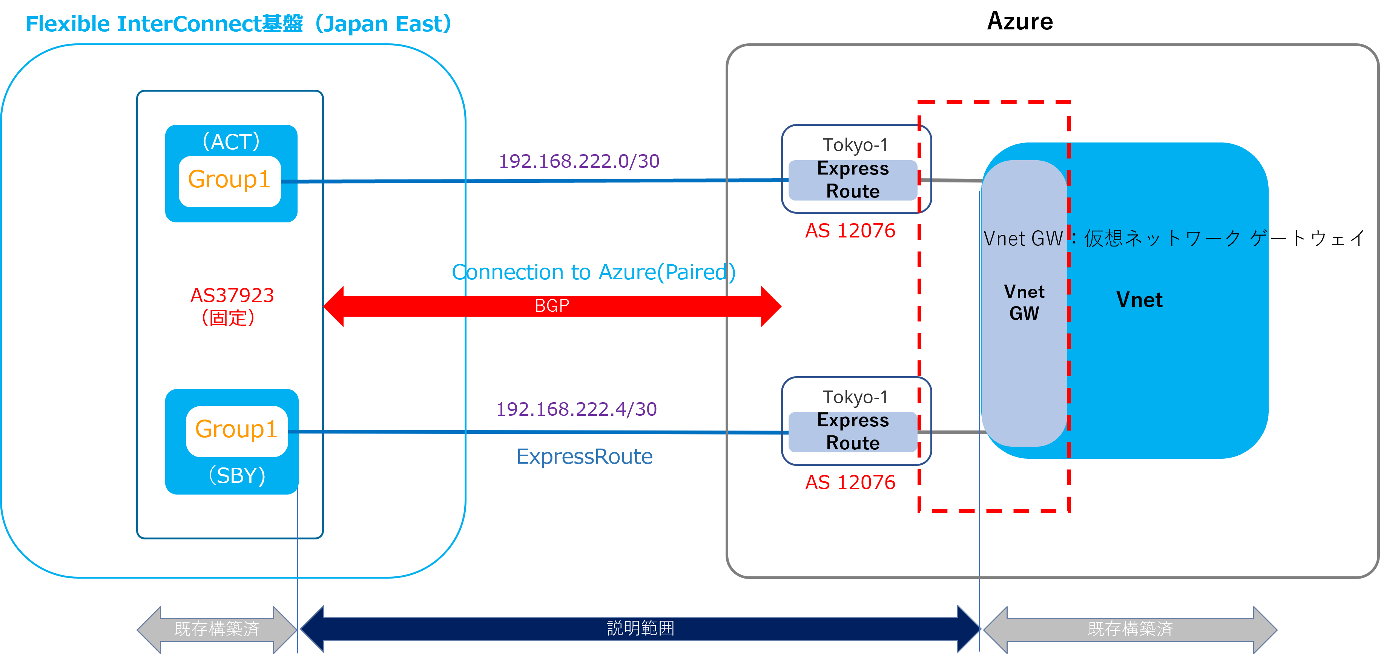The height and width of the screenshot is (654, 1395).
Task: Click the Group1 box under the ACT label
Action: pyautogui.click(x=230, y=181)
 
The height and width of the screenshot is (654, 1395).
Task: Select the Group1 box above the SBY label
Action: pyautogui.click(x=237, y=431)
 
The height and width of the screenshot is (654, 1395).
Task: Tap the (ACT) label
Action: pyautogui.click(x=231, y=142)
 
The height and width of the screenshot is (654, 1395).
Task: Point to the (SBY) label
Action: pyautogui.click(x=237, y=475)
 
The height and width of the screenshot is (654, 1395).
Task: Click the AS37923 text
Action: pyautogui.click(x=232, y=296)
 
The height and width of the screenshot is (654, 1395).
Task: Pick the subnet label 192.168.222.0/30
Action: pyautogui.click(x=579, y=161)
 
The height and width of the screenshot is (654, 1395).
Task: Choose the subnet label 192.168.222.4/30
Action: pyautogui.click(x=576, y=409)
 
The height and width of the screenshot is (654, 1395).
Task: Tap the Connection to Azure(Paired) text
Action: pyautogui.click(x=594, y=272)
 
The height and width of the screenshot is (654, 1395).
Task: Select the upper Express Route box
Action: pyautogui.click(x=853, y=180)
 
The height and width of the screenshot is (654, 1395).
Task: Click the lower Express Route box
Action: pyautogui.click(x=853, y=432)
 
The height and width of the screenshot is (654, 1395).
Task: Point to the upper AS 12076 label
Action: pyautogui.click(x=850, y=231)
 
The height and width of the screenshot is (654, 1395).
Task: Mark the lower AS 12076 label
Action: pyautogui.click(x=850, y=482)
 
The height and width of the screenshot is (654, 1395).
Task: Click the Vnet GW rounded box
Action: pyautogui.click(x=1024, y=303)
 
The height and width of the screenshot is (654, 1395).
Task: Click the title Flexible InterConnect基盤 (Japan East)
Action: pyautogui.click(x=238, y=24)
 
